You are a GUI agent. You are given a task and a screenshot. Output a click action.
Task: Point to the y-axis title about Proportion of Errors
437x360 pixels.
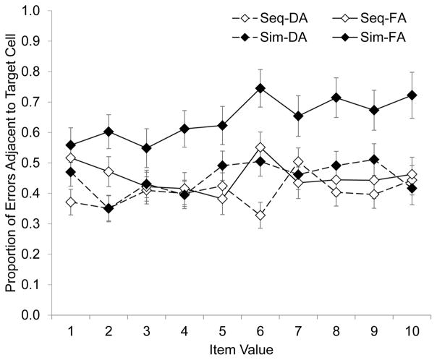coord(10,163)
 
